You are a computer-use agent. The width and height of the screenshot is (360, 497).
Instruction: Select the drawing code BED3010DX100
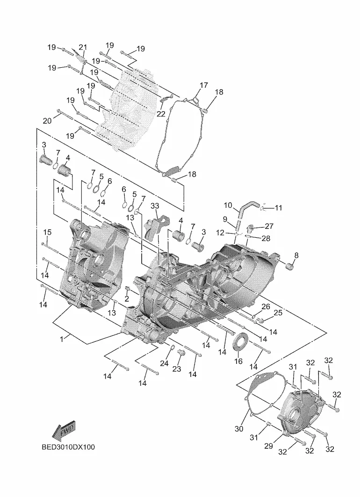pos(67,447)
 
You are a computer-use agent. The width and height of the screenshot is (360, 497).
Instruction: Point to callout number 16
pos(238,361)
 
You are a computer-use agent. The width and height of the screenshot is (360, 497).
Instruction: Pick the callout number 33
pos(155,206)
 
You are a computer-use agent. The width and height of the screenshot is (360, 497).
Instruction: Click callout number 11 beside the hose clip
pos(278,208)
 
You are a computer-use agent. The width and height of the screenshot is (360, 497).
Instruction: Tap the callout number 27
pos(269,226)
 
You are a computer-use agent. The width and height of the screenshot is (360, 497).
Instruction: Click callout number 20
pos(47,121)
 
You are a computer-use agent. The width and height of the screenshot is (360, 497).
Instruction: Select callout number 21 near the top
pos(83,47)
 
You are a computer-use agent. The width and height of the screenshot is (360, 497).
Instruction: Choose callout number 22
pos(161,114)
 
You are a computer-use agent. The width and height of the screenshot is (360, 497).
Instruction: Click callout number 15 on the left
pos(47,232)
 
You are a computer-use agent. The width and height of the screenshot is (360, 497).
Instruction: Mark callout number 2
pos(127,298)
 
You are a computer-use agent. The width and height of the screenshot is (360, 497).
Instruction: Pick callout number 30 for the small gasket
pos(238,428)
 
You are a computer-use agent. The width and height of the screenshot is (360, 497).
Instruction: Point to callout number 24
pos(164,363)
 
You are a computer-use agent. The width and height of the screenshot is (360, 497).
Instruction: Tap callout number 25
pos(278,312)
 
